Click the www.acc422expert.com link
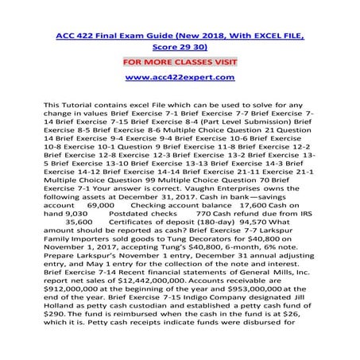tap(179, 78)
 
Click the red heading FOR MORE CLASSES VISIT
tap(179, 59)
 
